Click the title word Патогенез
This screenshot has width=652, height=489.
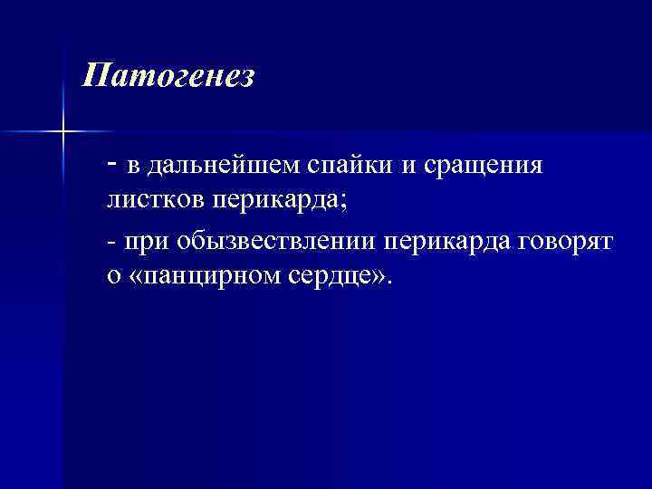point(168,75)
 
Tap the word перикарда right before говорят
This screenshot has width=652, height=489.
point(449,242)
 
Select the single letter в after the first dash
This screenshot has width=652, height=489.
point(133,168)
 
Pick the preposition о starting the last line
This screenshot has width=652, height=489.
point(113,277)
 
